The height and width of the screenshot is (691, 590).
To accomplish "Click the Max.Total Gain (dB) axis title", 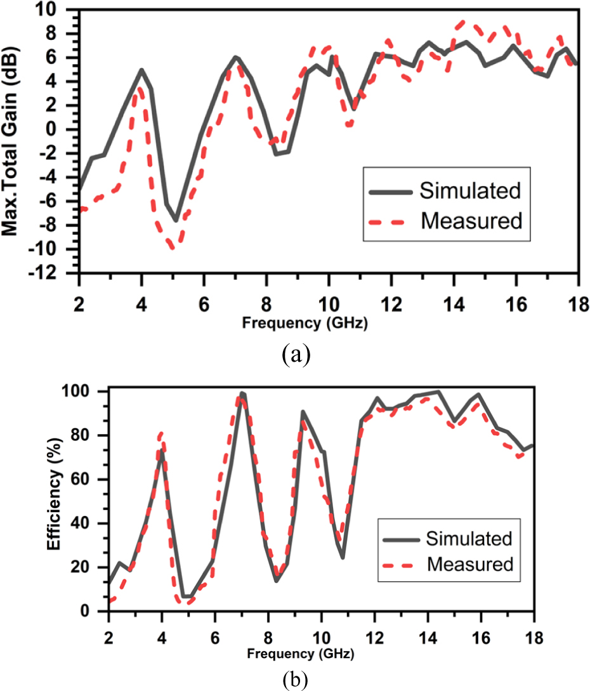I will click(x=11, y=137).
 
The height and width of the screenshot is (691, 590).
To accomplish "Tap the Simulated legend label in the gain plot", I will click(x=470, y=190).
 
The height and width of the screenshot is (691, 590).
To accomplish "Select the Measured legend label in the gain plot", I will click(x=471, y=221).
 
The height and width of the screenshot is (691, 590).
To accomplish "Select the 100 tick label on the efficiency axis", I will click(x=88, y=392).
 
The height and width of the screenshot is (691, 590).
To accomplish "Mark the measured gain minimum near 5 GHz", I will click(x=173, y=247).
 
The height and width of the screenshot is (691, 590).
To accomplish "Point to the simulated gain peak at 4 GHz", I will click(x=141, y=70).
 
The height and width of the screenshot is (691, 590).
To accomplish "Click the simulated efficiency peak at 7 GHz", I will click(x=242, y=393).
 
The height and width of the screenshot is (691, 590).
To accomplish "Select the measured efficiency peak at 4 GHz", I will click(x=161, y=433).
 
